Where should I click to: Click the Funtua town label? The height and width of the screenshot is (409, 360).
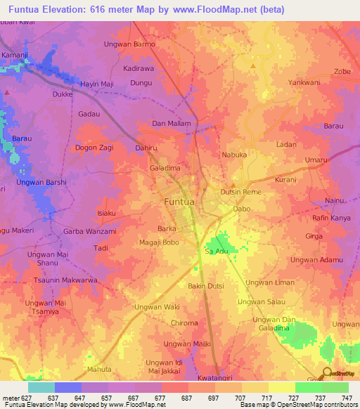[x=179, y=202]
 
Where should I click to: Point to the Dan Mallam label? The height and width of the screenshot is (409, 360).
[x=172, y=124]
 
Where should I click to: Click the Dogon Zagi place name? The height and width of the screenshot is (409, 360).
[x=94, y=148]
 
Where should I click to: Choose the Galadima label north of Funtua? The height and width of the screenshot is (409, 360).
[x=165, y=169]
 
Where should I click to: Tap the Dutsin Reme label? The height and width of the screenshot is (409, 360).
[x=241, y=192]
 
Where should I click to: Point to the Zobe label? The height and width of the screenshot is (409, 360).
[x=342, y=72]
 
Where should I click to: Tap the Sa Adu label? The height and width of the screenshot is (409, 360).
[x=217, y=251]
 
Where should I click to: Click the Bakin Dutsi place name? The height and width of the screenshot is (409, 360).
[x=205, y=286]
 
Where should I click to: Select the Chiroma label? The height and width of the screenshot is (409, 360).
[x=185, y=323]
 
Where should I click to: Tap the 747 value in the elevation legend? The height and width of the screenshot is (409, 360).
[x=347, y=397]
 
